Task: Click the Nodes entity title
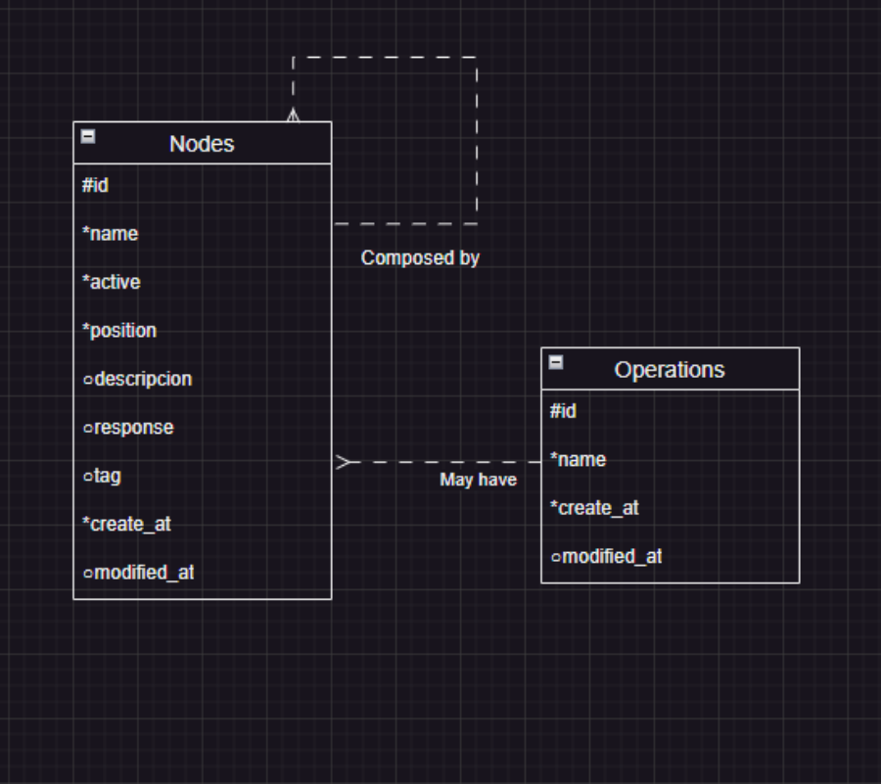click(202, 144)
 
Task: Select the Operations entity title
click(670, 370)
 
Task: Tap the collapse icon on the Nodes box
click(88, 137)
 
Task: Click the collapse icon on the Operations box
click(556, 362)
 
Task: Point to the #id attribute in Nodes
click(95, 185)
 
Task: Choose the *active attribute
click(112, 282)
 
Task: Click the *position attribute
click(119, 331)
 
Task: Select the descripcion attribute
click(138, 379)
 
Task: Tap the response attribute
click(128, 428)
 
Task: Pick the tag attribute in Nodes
click(103, 476)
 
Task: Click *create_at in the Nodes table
click(126, 525)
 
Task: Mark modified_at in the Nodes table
click(139, 573)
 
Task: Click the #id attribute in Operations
click(563, 411)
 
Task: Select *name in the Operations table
click(578, 460)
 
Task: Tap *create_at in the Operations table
click(594, 508)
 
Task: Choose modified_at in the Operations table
click(607, 557)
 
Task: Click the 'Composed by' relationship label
click(420, 258)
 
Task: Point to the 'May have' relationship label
click(478, 480)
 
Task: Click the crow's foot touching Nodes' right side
click(343, 462)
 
